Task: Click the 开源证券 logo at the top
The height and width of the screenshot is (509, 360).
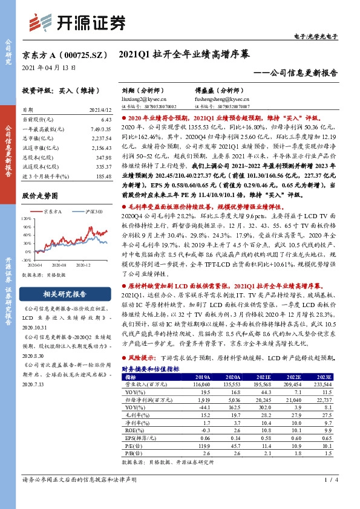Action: pos(79,22)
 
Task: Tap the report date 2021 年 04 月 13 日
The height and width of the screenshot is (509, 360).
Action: pos(49,68)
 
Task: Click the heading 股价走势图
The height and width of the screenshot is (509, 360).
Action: pos(42,196)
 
